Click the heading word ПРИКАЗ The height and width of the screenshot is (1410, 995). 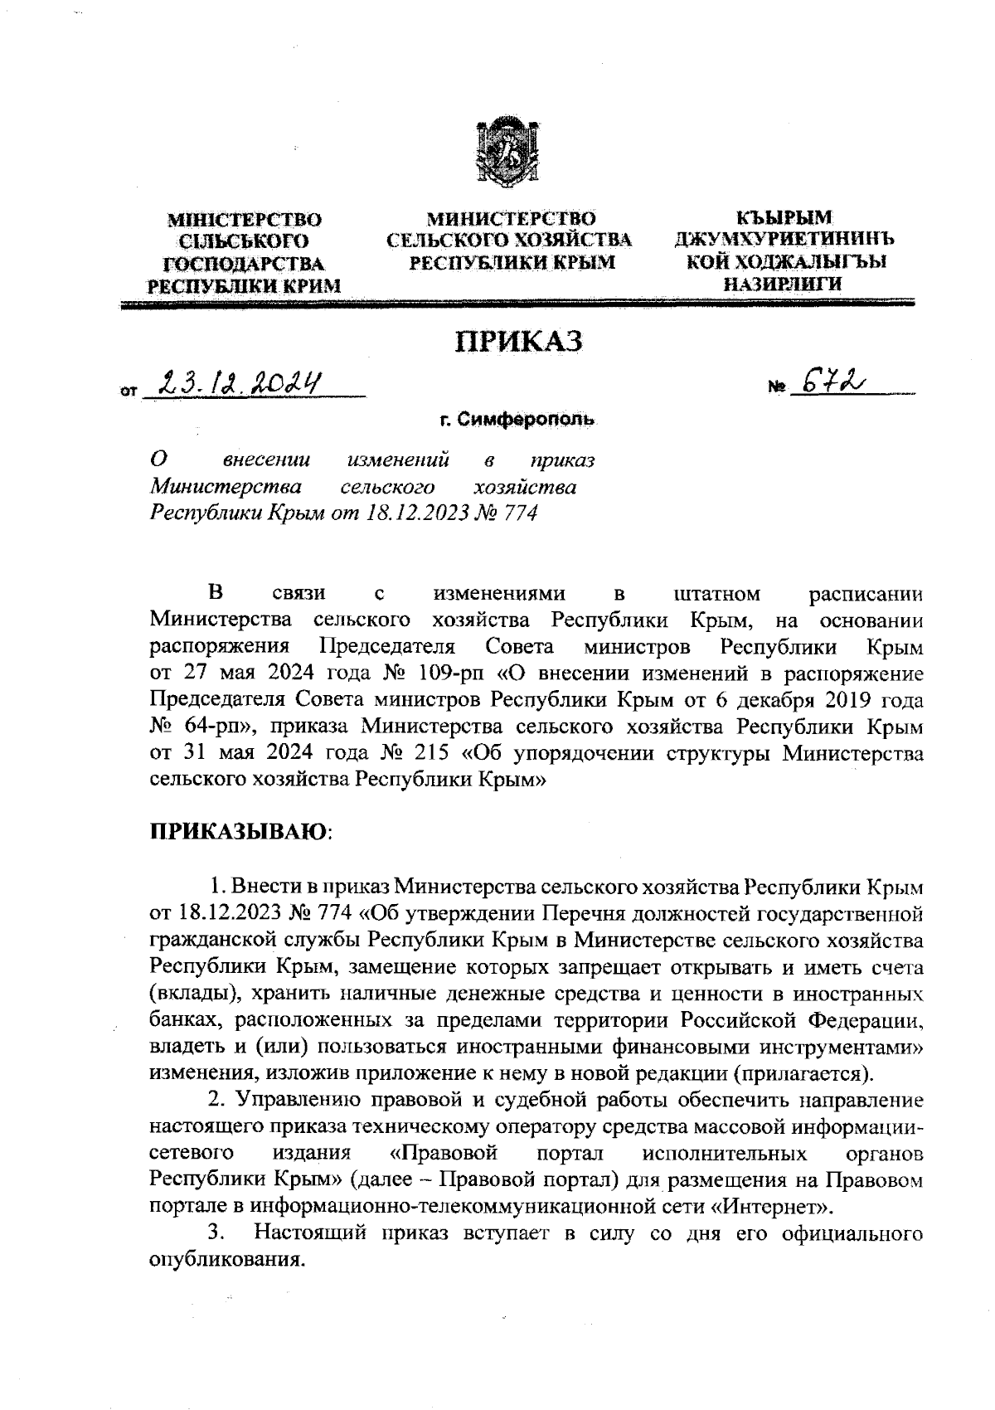pos(517,341)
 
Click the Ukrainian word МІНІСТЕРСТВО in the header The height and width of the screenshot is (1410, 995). pos(245,221)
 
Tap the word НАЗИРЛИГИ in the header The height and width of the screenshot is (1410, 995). pos(783,284)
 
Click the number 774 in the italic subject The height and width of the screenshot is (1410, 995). pos(520,513)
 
